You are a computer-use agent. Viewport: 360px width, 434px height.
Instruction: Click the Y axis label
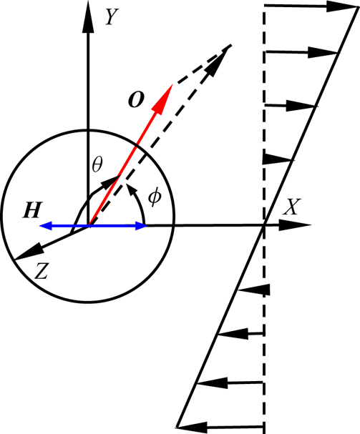[112, 17]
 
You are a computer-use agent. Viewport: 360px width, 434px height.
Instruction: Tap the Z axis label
[42, 271]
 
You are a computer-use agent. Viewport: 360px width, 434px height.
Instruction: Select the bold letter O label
[136, 99]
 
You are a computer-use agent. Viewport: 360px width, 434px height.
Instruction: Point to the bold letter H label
[33, 210]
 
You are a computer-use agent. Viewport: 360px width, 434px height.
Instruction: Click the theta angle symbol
[97, 164]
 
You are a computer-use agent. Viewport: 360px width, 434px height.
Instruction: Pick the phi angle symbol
[154, 197]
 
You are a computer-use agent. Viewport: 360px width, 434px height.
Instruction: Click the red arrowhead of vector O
[162, 99]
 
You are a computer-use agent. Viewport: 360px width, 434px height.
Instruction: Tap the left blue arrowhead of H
[46, 226]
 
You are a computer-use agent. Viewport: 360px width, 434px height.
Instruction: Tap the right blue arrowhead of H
[141, 226]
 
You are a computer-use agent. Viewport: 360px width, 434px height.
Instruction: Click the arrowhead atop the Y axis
[88, 17]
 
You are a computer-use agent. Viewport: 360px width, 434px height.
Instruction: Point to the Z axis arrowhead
[28, 252]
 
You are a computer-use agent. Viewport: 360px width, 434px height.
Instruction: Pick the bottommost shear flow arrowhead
[192, 427]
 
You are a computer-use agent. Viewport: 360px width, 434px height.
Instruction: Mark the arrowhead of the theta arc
[110, 181]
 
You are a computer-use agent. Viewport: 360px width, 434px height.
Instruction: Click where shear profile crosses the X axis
[264, 226]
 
